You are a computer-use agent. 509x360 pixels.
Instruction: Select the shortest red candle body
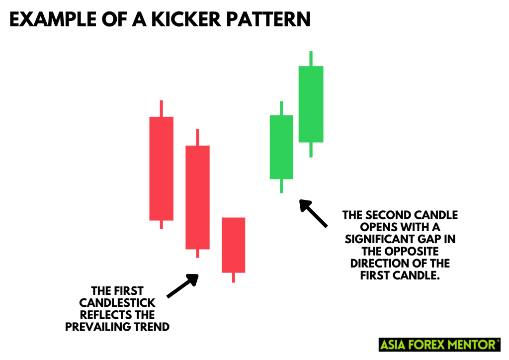pyautogui.click(x=233, y=245)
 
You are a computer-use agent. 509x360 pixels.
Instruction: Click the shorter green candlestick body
pyautogui.click(x=281, y=147)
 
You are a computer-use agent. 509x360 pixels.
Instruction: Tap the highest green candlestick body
pyautogui.click(x=311, y=104)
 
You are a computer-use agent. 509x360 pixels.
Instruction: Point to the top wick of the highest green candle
pyautogui.click(x=311, y=58)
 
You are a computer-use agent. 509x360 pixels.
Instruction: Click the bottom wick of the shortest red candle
pyautogui.click(x=233, y=277)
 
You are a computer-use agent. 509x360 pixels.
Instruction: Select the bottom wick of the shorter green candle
pyautogui.click(x=281, y=185)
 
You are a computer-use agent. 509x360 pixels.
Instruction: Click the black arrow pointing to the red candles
pyautogui.click(x=182, y=286)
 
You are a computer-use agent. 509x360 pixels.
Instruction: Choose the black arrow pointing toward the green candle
pyautogui.click(x=313, y=213)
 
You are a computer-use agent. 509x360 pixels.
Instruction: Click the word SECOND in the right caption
pyautogui.click(x=386, y=215)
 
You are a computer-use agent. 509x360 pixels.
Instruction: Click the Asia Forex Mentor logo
pyautogui.click(x=439, y=344)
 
